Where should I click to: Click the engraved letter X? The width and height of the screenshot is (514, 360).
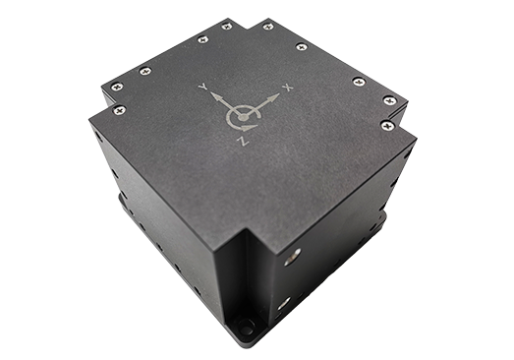coord(288,88)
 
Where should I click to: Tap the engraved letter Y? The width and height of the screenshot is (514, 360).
coord(203,87)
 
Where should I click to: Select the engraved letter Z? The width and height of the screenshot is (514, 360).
coord(243,141)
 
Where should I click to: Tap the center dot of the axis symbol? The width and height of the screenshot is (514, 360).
coord(243,117)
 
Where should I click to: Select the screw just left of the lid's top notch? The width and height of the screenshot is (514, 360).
coord(226,27)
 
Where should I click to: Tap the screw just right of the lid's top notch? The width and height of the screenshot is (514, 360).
coord(268,27)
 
